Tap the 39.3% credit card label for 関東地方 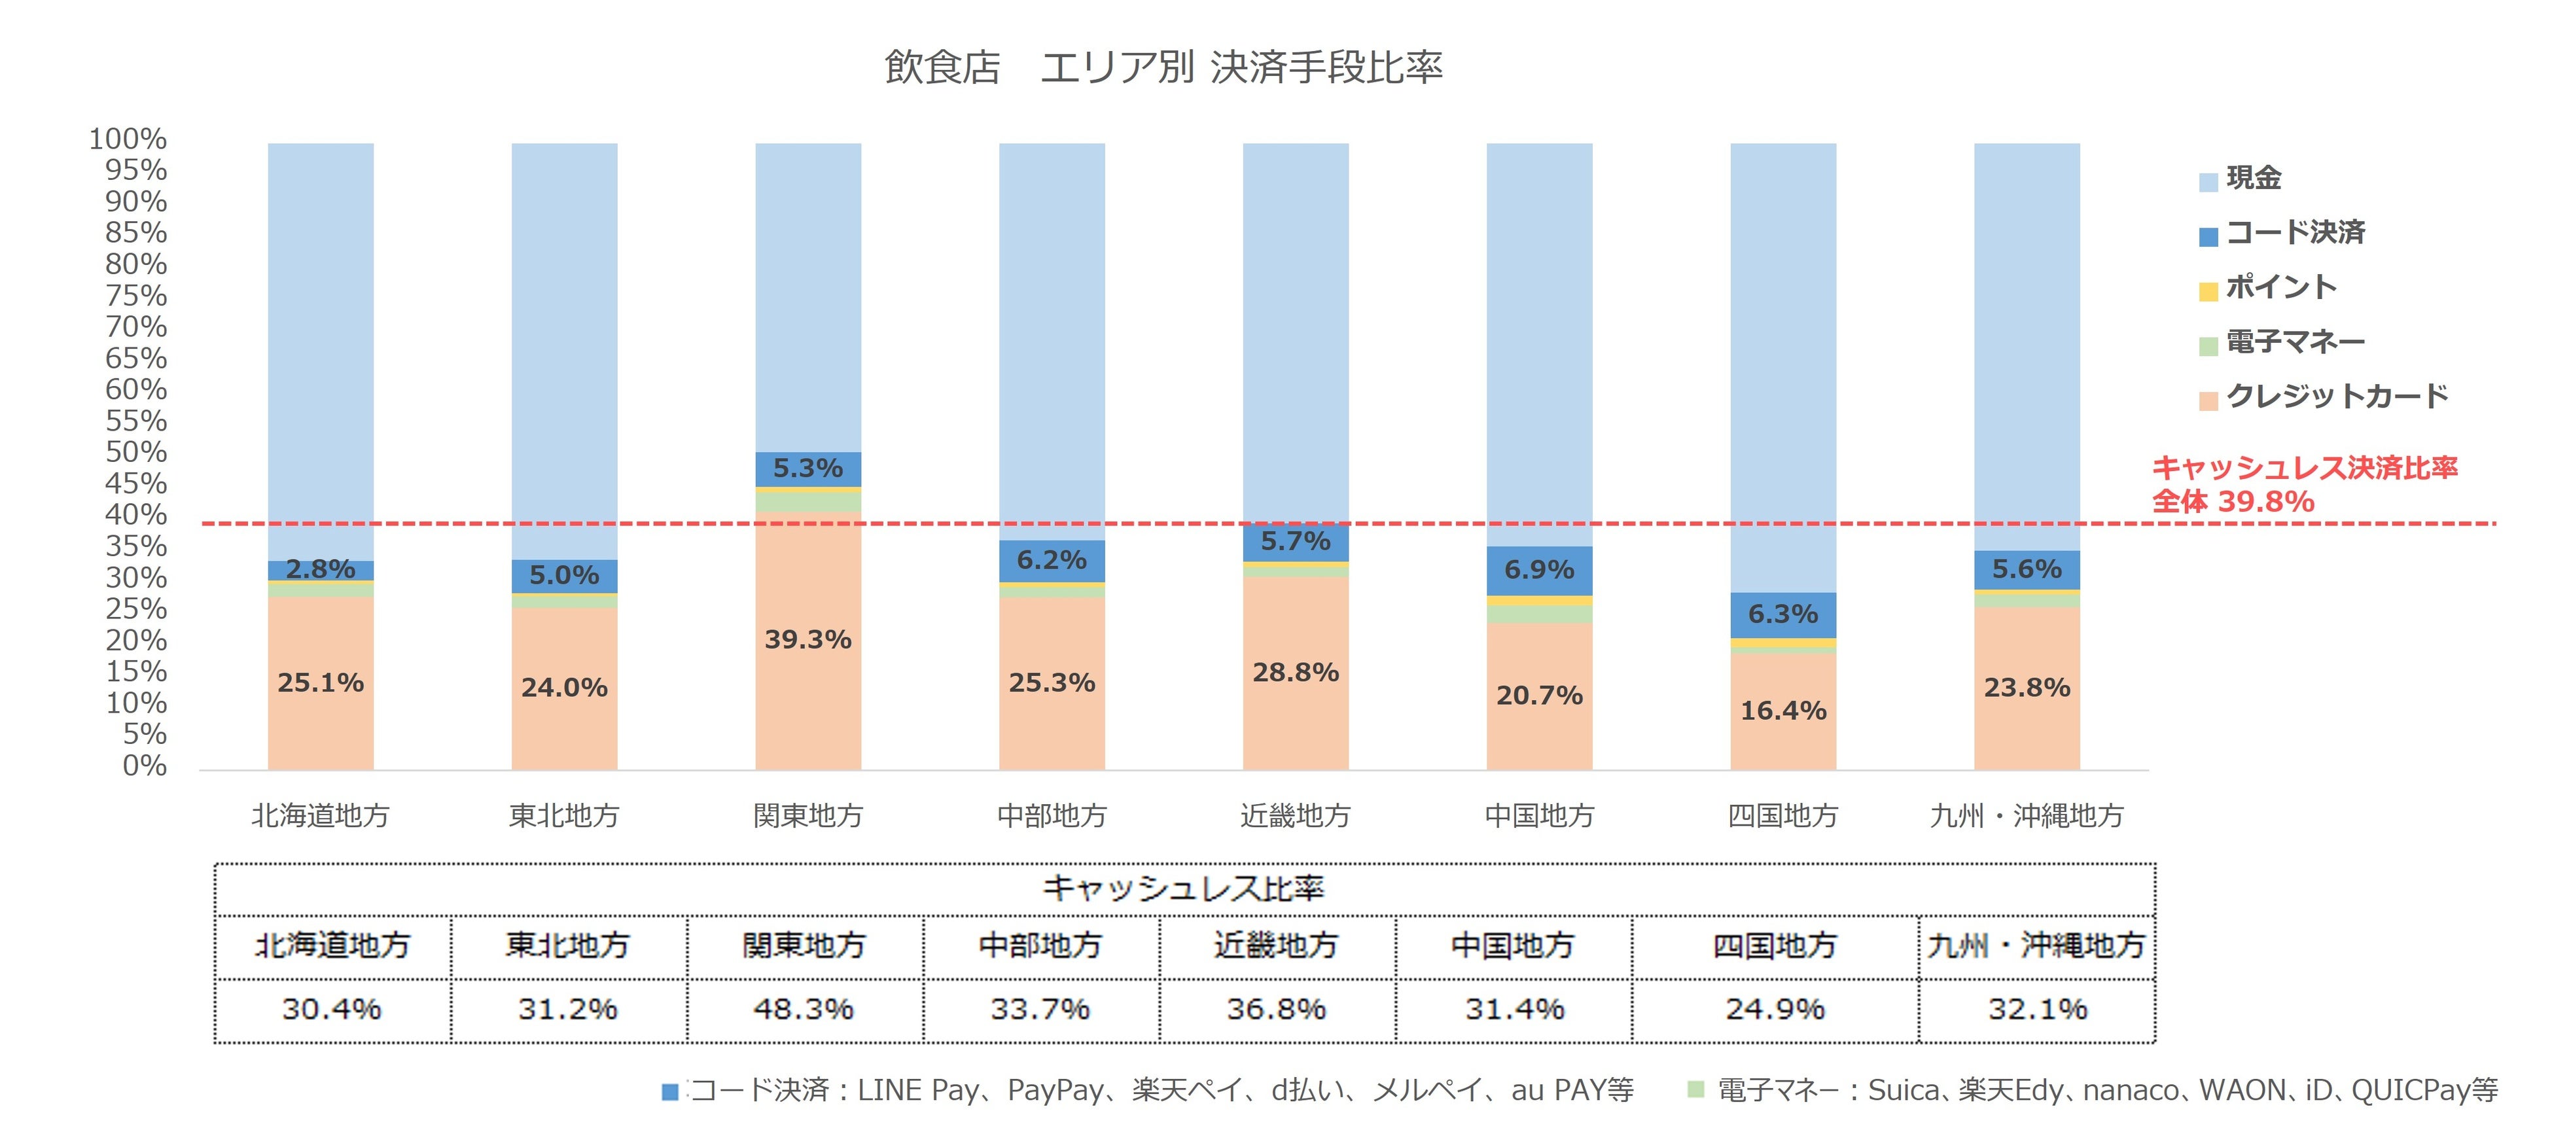(807, 640)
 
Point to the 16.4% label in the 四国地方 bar (1782, 710)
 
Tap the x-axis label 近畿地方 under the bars (1295, 815)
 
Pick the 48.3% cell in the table (804, 1010)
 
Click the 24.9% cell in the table (1775, 1010)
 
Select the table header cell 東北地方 (568, 946)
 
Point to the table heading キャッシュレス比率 (1183, 889)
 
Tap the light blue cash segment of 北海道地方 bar (320, 347)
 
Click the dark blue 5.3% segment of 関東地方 (807, 468)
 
